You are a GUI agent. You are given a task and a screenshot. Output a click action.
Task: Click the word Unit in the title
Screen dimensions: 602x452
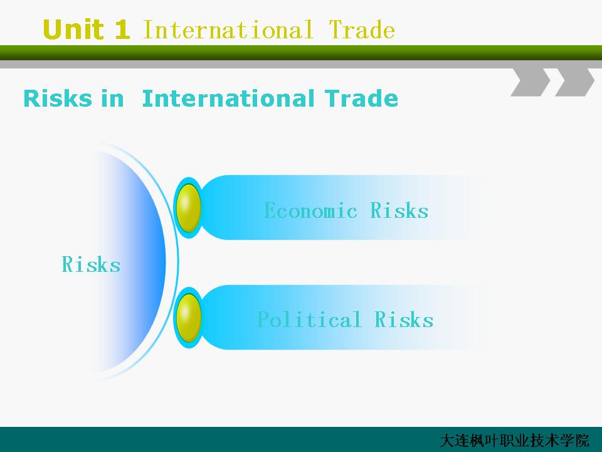pos(73,30)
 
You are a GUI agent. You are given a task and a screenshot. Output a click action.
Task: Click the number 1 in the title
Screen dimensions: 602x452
pos(122,30)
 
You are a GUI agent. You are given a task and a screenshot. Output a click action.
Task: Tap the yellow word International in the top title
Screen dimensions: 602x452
pos(228,30)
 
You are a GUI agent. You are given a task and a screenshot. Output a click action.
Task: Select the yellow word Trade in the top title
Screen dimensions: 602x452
pos(362,30)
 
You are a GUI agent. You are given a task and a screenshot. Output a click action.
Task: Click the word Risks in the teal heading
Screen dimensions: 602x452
pos(58,99)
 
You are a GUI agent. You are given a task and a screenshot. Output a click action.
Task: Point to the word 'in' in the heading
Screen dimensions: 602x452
pos(112,99)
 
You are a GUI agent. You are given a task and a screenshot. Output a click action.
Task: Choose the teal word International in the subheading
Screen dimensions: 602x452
pos(228,99)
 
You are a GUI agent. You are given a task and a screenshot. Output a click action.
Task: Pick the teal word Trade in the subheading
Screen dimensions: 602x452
pos(361,99)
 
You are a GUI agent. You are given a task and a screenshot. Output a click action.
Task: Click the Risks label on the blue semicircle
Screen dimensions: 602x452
pos(91,264)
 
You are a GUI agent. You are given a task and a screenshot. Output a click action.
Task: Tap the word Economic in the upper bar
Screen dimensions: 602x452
pos(310,210)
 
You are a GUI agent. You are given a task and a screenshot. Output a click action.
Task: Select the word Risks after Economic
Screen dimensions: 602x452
pos(399,210)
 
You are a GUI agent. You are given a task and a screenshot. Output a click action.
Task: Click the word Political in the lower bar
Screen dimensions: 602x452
pos(309,320)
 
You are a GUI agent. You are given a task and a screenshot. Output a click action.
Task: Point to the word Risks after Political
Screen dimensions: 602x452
pos(403,320)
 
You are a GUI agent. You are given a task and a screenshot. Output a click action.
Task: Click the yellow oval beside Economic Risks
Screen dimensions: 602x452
pos(189,208)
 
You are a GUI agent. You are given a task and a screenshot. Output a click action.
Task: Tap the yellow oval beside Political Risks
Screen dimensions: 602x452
pos(189,318)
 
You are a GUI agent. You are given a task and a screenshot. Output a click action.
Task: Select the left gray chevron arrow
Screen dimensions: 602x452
pos(531,82)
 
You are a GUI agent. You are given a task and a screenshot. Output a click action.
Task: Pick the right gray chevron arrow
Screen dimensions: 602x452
pos(575,82)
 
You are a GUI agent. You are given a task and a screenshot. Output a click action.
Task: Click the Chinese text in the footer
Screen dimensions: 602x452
pos(514,441)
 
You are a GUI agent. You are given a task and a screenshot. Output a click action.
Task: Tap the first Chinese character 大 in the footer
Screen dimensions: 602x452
pos(447,441)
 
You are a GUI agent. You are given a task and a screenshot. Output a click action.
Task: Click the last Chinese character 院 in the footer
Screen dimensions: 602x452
pos(582,441)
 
